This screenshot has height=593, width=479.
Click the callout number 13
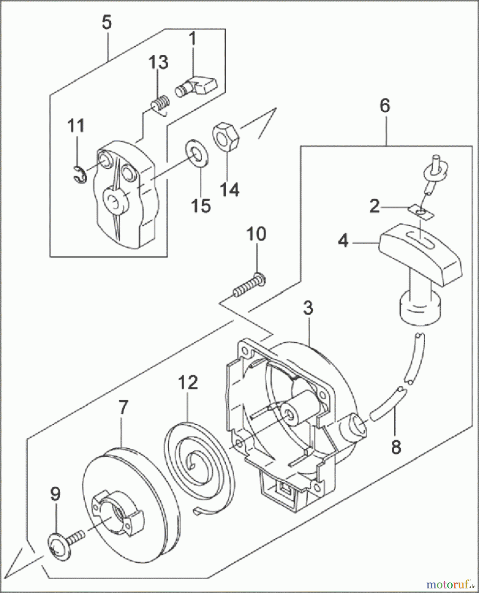158,62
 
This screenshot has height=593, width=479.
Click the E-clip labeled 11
79,174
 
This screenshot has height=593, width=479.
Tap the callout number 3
308,308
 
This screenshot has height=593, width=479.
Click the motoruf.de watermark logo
450,584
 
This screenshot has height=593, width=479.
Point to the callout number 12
188,382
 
